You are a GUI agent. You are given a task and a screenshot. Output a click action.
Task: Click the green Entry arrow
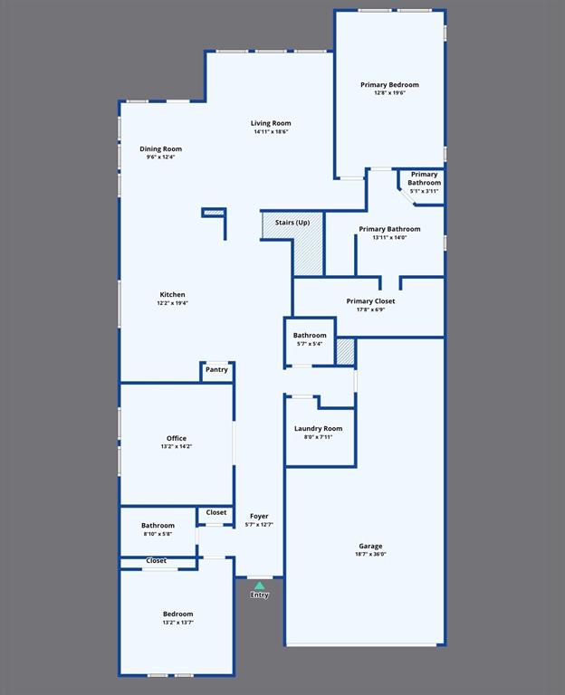point(260,586)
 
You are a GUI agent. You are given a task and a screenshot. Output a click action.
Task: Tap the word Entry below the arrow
point(260,595)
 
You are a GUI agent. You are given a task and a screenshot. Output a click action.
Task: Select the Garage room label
point(370,546)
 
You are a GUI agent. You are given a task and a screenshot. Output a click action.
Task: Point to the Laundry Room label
point(319,428)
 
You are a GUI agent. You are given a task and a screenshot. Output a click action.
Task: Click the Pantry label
point(216,369)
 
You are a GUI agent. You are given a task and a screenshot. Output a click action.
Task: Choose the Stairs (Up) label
point(292,222)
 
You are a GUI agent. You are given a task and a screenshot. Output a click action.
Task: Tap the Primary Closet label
point(370,301)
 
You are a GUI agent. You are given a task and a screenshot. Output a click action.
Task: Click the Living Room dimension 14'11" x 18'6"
point(271,132)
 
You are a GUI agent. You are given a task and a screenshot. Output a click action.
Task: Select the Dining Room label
point(160,148)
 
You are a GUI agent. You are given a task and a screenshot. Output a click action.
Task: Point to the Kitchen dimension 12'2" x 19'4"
point(172,303)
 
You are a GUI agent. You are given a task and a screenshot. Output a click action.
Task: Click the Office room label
point(177,438)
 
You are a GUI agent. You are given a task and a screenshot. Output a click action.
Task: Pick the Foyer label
point(259,516)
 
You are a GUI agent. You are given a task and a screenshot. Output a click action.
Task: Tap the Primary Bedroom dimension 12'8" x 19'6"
point(389,93)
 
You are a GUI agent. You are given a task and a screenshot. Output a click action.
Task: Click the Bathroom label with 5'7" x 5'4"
point(310,336)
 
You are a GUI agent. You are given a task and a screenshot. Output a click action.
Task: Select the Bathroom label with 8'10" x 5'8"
point(158,525)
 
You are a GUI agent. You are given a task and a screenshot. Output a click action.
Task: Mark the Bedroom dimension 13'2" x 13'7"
point(177,623)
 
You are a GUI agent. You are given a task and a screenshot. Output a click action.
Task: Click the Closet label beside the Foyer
point(216,512)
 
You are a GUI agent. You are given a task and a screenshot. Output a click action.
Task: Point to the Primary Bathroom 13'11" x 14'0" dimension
point(389,238)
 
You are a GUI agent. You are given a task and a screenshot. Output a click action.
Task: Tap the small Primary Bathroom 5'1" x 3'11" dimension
point(424,191)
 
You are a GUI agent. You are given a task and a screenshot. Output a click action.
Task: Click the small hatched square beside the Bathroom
point(345,351)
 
